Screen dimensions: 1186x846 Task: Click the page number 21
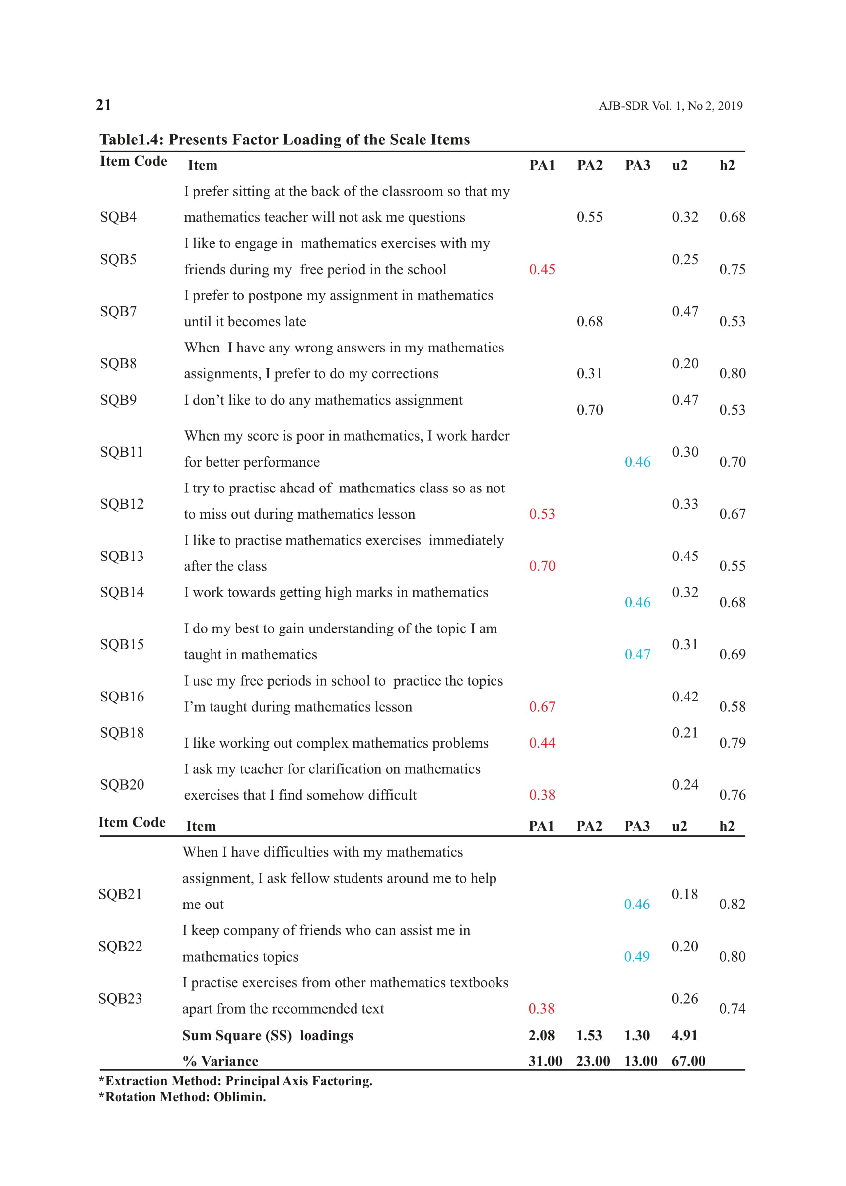pos(104,105)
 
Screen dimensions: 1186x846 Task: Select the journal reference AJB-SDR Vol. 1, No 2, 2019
pos(670,106)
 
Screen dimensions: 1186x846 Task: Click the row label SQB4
pos(118,217)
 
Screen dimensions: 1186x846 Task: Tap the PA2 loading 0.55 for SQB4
pos(589,217)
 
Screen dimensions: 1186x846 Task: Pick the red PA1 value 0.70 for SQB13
pos(542,566)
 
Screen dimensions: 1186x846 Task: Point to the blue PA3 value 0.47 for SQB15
pos(637,655)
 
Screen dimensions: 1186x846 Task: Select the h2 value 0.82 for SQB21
pos(732,904)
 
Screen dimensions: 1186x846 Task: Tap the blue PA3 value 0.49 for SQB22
pos(636,956)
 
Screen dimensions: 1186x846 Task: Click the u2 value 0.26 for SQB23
pos(684,998)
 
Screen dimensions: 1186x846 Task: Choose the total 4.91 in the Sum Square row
pos(684,1035)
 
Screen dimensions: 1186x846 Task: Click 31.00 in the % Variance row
pos(545,1061)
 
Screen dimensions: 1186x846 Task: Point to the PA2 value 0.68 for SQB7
pos(589,321)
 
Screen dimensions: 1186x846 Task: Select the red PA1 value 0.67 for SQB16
pos(542,707)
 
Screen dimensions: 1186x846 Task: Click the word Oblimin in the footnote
pos(239,1097)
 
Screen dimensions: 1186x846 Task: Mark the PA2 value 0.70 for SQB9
pos(589,410)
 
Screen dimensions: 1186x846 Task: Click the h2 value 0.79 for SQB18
pos(732,743)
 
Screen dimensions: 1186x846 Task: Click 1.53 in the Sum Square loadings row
pos(589,1035)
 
